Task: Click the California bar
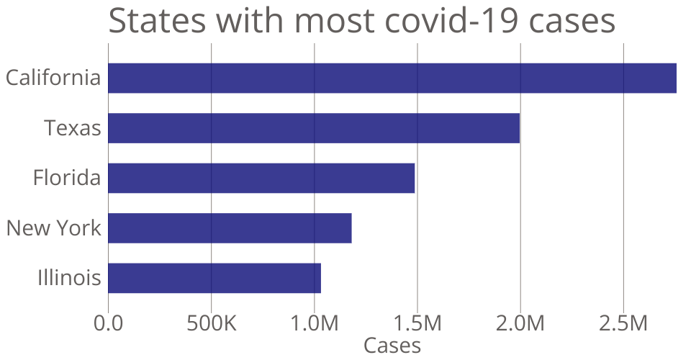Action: (392, 78)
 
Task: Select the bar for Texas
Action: (314, 128)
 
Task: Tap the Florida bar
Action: (261, 178)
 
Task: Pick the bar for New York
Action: (230, 228)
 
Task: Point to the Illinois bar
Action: (214, 278)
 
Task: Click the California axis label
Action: (53, 78)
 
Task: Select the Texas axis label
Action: (72, 128)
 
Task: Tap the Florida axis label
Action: (67, 178)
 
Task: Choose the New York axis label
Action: (53, 228)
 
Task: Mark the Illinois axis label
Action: (69, 278)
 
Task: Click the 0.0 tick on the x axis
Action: (108, 323)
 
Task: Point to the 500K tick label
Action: (211, 323)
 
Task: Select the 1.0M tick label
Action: (314, 323)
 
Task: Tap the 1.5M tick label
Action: (417, 323)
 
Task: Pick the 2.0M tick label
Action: (520, 323)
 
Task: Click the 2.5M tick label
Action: (623, 323)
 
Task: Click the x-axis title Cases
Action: (392, 346)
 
